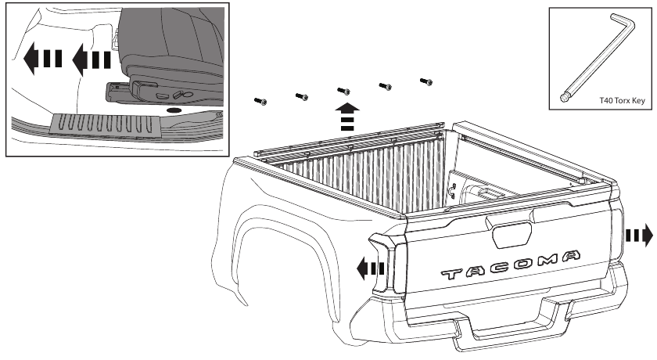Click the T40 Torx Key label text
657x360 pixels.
[623, 101]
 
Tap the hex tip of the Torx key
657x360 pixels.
[564, 98]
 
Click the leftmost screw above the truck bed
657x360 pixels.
[260, 102]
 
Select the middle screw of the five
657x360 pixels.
[343, 91]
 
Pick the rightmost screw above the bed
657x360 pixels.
[426, 81]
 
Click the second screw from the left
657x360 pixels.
[302, 97]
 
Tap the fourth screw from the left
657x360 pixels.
[385, 87]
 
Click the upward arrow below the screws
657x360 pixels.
[347, 117]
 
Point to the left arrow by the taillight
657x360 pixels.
[371, 268]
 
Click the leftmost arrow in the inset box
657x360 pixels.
[43, 58]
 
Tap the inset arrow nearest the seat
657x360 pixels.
[92, 60]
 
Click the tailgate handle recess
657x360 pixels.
[512, 235]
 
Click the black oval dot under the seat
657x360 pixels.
[174, 110]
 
